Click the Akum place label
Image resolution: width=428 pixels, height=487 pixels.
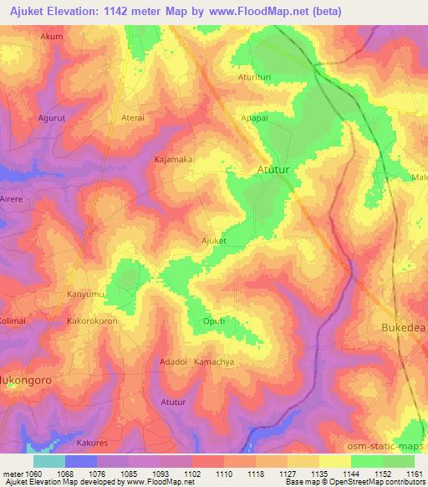coord(51,38)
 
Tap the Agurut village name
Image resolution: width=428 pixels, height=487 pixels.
coord(51,118)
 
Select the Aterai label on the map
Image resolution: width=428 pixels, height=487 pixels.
coord(133,118)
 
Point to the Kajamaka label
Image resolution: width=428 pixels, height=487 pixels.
coord(174,158)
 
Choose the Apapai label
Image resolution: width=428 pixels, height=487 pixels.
coord(254,118)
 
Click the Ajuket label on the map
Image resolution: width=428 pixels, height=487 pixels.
coord(214,240)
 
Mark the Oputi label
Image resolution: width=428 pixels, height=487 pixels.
coord(214,320)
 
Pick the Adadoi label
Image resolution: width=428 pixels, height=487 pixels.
coord(173,361)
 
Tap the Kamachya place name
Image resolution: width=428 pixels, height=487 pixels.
coord(212,361)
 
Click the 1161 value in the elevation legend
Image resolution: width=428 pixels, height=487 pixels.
coord(415,473)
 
